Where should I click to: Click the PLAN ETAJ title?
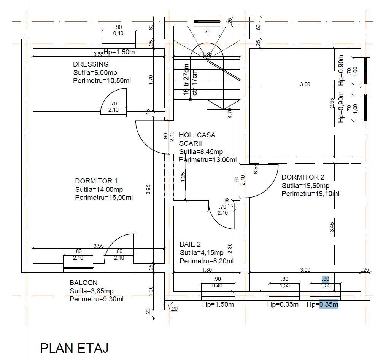pos(75,348)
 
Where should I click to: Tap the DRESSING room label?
pos(91,64)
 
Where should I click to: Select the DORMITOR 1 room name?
pos(99,181)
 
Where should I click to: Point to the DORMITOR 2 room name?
pos(303,177)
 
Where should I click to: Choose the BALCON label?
pos(83,283)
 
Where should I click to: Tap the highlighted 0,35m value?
pos(329,304)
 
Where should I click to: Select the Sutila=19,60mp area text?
pos(305,186)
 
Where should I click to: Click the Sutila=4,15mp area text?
pos(202,253)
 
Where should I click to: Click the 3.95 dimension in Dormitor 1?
pos(149,189)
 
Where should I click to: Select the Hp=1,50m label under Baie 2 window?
pos(218,304)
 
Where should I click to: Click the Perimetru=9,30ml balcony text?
pos(96,299)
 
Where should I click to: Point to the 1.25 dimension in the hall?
pos(183,177)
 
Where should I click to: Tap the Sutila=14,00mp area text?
pos(99,190)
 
